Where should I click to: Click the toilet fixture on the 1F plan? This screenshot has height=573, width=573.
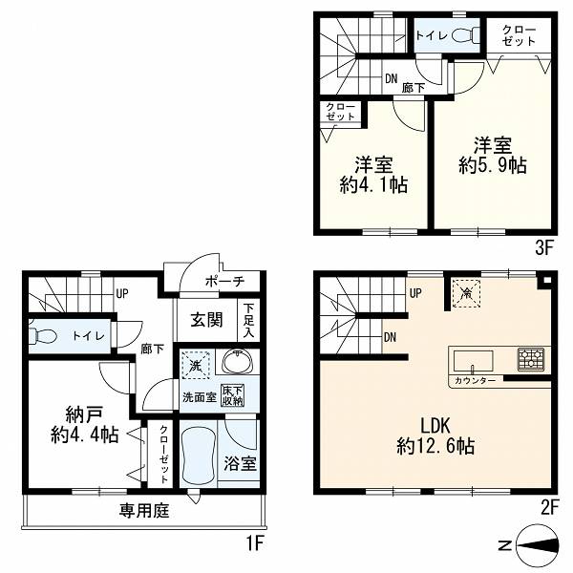[x=41, y=335]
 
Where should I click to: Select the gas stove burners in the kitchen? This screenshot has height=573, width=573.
[x=531, y=359]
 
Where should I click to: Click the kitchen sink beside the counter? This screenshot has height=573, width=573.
[x=473, y=361]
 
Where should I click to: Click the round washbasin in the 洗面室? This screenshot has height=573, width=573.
[x=238, y=361]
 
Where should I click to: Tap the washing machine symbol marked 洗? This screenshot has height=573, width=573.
[x=196, y=365]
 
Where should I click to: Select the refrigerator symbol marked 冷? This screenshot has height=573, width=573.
[x=466, y=293]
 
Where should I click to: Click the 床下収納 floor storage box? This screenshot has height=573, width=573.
[x=232, y=395]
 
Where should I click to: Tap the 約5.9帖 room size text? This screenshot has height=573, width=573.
[x=493, y=166]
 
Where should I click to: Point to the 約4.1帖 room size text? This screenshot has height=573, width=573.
[x=373, y=185]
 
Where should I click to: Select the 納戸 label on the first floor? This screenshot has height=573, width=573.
[x=84, y=414]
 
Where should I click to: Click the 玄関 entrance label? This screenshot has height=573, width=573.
[x=207, y=320]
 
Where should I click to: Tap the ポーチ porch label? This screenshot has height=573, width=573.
[x=224, y=282]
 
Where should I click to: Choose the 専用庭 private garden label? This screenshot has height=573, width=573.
[x=144, y=511]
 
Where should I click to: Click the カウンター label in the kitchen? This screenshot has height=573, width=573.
[x=476, y=381]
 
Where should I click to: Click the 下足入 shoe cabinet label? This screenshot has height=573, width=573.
[x=248, y=321]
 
